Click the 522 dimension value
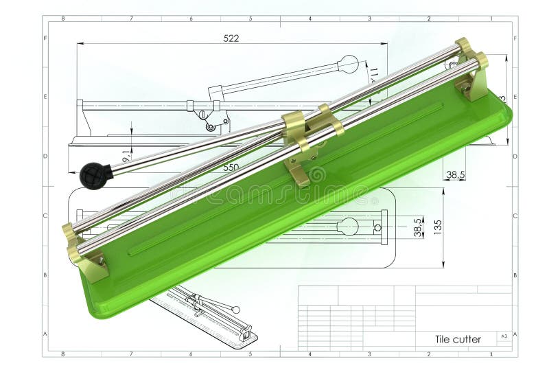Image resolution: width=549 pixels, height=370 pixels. (231, 38)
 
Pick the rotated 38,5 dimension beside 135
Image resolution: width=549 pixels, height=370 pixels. (418, 228)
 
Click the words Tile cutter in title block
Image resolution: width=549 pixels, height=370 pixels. (458, 339)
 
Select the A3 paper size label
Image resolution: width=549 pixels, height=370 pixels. (504, 336)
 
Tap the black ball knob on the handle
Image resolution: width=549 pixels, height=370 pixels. (92, 176)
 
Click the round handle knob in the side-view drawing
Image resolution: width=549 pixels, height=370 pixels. (349, 64)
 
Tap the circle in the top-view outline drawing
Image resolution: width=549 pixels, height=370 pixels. (347, 226)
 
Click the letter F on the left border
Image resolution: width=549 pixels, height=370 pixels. (45, 38)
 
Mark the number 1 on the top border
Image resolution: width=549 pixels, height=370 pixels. (491, 19)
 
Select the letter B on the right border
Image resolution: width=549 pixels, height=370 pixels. (515, 275)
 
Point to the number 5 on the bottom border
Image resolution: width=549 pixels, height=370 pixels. (250, 354)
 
